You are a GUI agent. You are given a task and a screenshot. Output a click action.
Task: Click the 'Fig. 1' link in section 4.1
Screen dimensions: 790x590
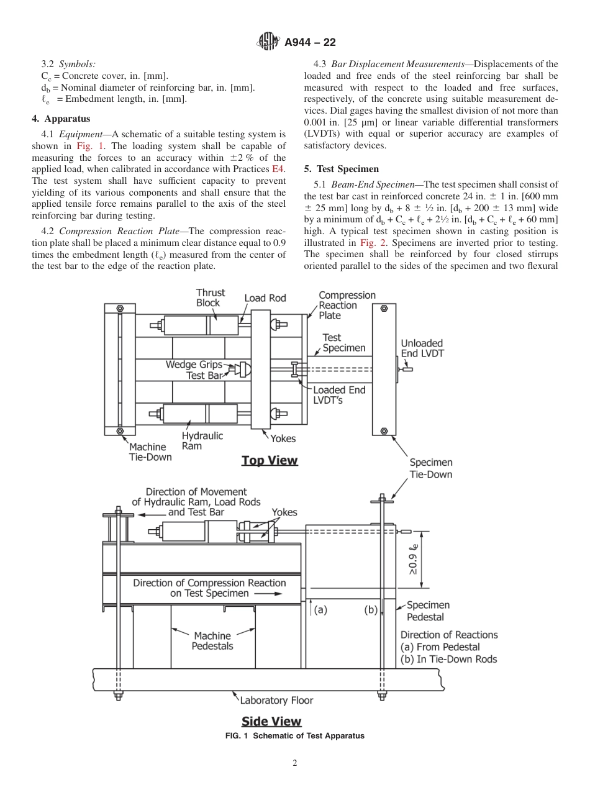(87, 146)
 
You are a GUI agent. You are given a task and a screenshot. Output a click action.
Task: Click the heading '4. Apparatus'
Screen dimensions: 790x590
(61, 119)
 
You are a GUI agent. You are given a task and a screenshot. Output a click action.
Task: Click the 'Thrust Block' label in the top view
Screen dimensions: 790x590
(211, 297)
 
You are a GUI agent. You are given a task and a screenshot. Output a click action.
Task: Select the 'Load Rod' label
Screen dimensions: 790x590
(265, 298)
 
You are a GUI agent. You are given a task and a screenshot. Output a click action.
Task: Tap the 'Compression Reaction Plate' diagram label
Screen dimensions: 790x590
(347, 305)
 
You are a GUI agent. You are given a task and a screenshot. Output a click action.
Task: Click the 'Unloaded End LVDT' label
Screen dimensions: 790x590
(422, 348)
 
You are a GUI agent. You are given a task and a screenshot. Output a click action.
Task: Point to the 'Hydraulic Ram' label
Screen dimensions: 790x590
(202, 441)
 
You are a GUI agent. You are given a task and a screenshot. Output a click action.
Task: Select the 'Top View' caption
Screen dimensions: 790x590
(270, 460)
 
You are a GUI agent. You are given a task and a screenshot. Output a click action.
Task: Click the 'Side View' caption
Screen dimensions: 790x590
(271, 721)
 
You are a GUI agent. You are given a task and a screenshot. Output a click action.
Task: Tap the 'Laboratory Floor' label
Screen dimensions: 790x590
(276, 701)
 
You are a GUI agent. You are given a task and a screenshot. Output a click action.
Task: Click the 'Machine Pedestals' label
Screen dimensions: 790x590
(212, 640)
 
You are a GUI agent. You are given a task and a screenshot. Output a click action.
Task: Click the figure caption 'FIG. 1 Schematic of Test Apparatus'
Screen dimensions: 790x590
(294, 736)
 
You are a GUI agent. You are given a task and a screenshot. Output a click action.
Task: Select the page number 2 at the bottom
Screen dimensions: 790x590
(295, 763)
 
